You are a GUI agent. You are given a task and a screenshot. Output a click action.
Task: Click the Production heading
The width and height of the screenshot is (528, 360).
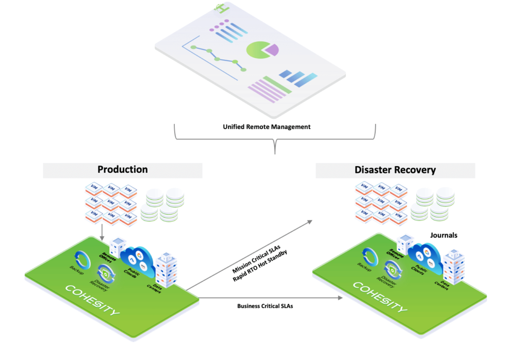coord(123,170)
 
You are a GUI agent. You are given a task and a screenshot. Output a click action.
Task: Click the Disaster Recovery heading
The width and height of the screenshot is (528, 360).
coord(395,170)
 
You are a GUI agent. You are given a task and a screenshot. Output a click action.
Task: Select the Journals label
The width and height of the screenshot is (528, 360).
coord(443,235)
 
